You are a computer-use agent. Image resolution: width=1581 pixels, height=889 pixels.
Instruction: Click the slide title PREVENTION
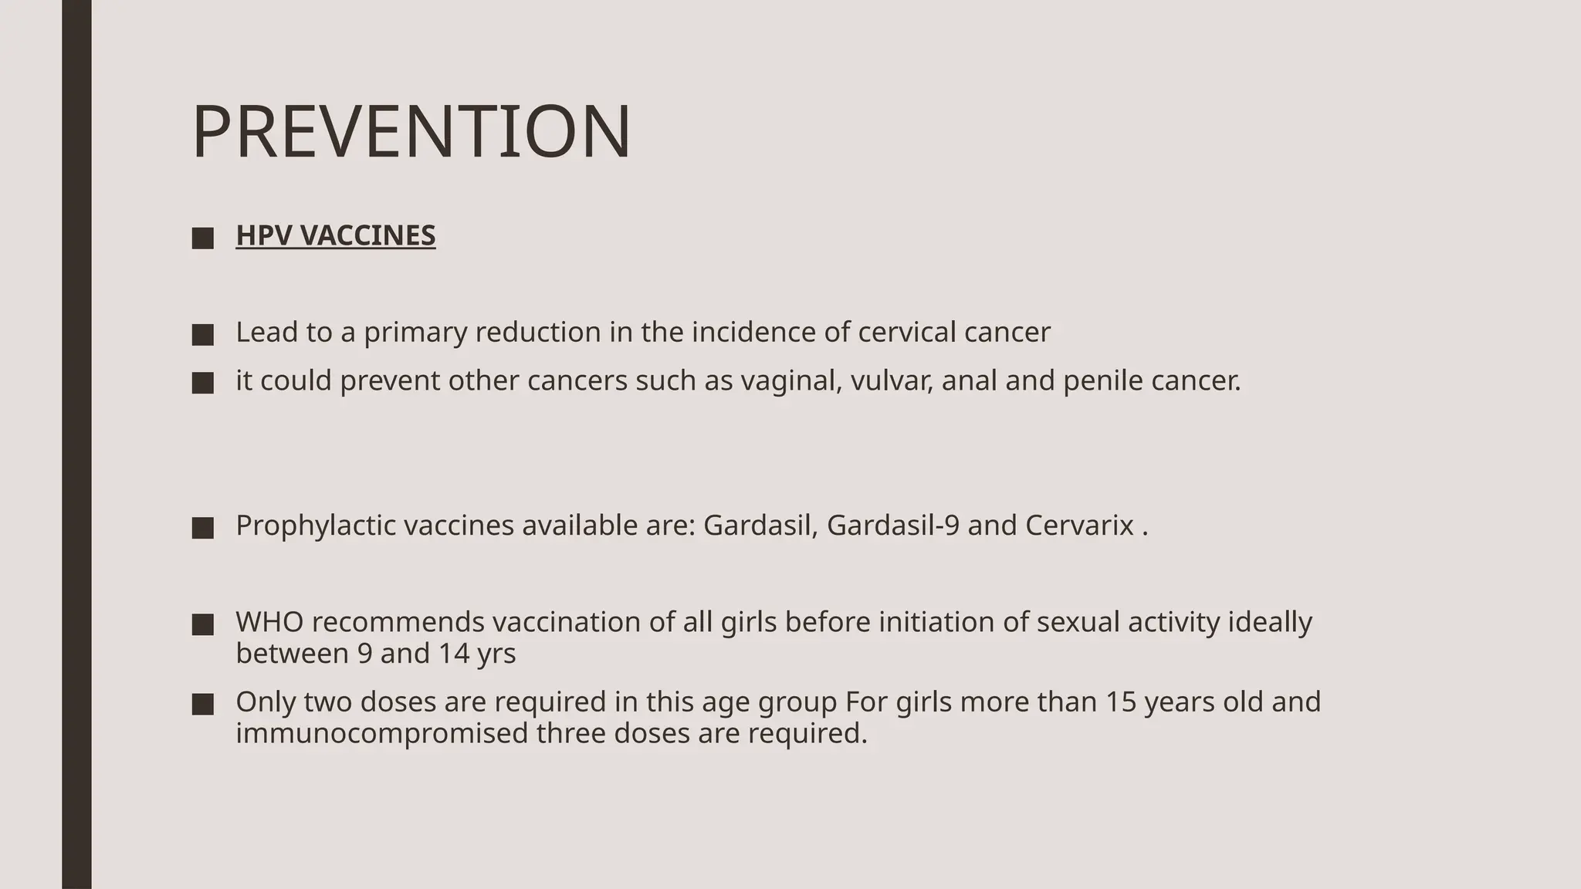(411, 133)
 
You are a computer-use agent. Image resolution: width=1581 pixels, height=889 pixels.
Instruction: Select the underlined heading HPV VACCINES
(335, 235)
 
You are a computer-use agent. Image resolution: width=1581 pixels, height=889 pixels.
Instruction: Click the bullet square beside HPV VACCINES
(203, 238)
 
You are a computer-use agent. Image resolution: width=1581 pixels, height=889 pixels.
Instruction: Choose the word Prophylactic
(316, 526)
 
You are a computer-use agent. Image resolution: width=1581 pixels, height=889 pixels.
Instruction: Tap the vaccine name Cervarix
(1079, 526)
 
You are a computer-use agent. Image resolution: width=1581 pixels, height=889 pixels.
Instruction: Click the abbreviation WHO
(269, 622)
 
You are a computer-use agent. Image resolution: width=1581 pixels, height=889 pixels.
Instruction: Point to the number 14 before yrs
(454, 654)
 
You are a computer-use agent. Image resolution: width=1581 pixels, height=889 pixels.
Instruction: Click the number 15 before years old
(1120, 702)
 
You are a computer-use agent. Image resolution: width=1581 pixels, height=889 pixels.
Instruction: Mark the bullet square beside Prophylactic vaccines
(203, 528)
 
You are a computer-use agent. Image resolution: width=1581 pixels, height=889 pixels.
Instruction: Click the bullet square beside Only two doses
(203, 704)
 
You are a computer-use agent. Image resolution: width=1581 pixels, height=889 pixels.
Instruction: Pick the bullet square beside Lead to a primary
(203, 335)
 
